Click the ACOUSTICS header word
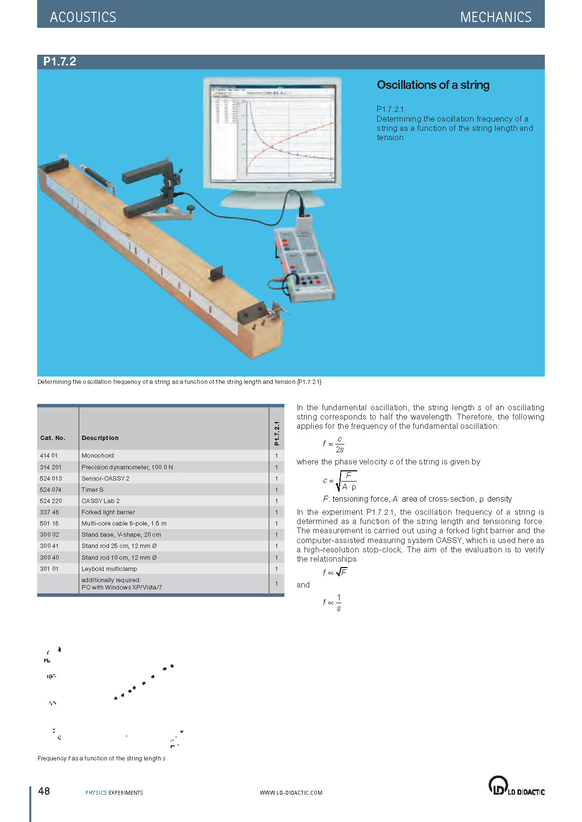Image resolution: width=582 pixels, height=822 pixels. [83, 17]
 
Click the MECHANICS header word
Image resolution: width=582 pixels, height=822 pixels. [496, 17]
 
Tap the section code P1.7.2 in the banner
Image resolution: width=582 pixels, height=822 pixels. [60, 62]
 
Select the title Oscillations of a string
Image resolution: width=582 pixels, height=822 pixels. [432, 85]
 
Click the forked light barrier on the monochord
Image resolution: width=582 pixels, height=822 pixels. [154, 190]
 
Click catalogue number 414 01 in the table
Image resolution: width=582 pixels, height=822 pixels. [49, 456]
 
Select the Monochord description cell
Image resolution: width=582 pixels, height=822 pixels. [98, 456]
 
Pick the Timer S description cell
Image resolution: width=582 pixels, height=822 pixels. [92, 489]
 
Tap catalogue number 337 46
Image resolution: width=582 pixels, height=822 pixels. [49, 512]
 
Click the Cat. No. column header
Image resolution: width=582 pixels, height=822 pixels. [53, 438]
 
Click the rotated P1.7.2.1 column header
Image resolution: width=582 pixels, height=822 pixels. [277, 433]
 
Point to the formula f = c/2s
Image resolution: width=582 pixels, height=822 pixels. [334, 444]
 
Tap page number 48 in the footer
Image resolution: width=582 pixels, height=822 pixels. [44, 791]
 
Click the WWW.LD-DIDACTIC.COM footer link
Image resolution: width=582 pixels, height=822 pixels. [291, 793]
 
